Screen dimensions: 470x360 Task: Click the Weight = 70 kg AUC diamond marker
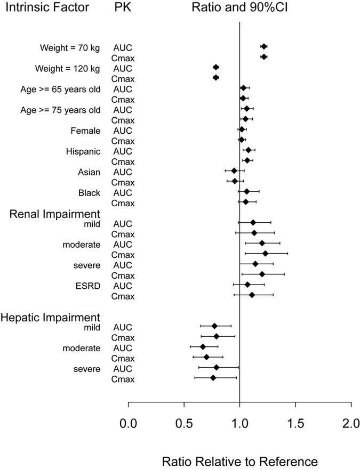264,47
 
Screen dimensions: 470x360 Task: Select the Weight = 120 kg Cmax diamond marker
216,78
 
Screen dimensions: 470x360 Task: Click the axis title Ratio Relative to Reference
239,460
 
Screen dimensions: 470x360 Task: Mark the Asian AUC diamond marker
234,171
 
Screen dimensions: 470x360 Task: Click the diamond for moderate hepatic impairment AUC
203,347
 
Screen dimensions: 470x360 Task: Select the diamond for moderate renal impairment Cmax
265,254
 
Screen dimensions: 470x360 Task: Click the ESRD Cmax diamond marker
252,295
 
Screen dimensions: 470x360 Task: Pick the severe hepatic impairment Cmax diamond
213,378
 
